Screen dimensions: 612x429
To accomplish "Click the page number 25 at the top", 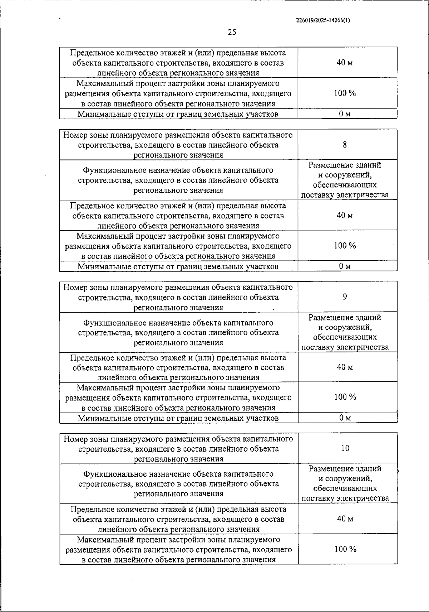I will pos(232,33).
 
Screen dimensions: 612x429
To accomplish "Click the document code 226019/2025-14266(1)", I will pos(323,20).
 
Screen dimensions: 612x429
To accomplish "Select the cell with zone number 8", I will pos(345,145).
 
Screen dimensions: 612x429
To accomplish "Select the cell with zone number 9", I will pos(345,297).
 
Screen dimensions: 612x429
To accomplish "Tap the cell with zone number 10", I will pos(345,448).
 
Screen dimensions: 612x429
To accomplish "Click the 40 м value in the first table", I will pos(345,63).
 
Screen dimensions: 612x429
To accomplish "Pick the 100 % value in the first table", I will pos(345,93).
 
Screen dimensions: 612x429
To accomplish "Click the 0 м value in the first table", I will pos(345,114).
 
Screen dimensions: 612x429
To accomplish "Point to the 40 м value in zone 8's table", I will pos(345,215).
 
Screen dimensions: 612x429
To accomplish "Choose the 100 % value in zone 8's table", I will pos(345,246).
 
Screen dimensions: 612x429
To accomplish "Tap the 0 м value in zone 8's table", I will pos(345,266).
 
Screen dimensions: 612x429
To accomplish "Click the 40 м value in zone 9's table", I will pos(345,367).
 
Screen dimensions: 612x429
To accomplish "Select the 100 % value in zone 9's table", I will pos(345,397).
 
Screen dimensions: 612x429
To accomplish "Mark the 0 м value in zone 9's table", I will pos(345,418).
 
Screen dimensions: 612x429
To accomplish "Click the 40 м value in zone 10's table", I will pos(345,519).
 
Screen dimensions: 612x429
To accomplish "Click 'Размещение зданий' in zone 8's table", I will pos(345,165).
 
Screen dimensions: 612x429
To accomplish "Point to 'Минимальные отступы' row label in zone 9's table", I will pos(178,418).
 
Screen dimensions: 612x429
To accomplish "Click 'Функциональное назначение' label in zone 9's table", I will pos(178,323).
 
